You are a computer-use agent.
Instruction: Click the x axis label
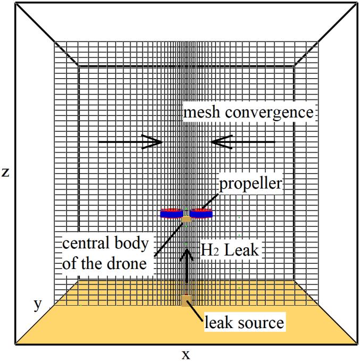pos(186,354)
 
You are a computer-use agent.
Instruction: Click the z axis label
pos(6,172)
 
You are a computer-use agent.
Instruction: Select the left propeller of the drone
pos(172,213)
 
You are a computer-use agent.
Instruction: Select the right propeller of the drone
pos(202,213)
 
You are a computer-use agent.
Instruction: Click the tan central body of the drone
pos(187,219)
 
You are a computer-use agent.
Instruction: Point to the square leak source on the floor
pos(186,301)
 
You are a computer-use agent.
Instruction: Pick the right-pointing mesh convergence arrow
pos(130,142)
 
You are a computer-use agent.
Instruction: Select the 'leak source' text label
pos(245,322)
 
